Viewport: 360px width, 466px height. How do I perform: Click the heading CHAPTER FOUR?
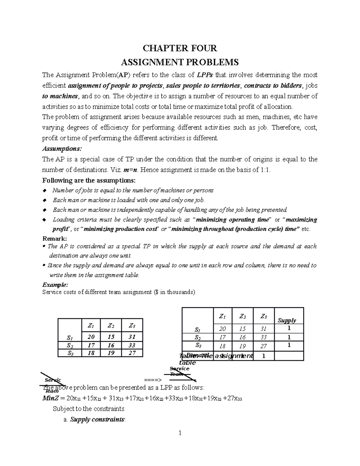[179, 48]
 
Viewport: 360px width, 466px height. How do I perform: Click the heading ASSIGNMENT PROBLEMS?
[179, 62]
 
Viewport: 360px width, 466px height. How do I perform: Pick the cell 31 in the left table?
[132, 337]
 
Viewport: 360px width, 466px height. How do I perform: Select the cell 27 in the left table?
[132, 353]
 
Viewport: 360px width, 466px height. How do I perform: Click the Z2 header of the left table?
[111, 326]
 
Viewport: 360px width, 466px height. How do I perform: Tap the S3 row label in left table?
[70, 353]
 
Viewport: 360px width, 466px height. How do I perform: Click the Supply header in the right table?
[286, 320]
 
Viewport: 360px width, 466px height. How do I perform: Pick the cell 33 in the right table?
[263, 337]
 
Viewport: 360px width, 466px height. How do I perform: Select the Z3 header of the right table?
[263, 316]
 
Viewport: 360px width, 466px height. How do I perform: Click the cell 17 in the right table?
[222, 337]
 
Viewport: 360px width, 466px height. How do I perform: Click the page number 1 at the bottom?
[180, 433]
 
